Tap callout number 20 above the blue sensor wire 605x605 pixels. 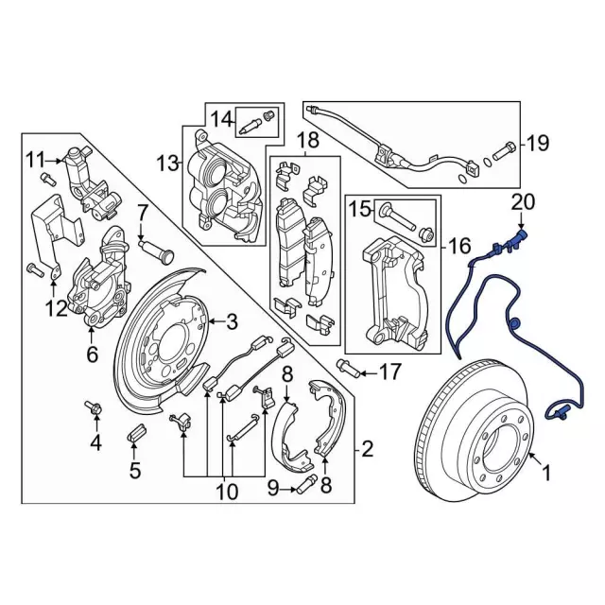pos(523,201)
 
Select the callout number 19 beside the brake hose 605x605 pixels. pos(537,144)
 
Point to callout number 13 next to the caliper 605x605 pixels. pos(168,164)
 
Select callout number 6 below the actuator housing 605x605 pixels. pos(92,355)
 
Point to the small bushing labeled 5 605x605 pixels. pos(134,436)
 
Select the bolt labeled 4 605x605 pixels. pos(95,408)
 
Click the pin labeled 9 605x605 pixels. pos(303,489)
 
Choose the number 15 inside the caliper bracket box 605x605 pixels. pos(362,208)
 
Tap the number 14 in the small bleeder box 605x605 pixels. pos(221,119)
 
